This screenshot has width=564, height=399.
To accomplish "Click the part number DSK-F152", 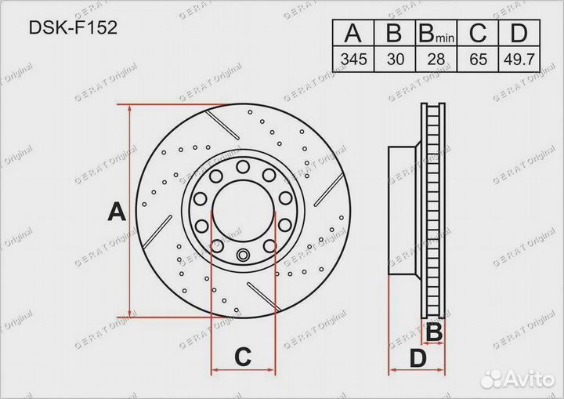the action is click(x=73, y=27).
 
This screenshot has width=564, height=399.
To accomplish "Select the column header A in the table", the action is click(x=352, y=33).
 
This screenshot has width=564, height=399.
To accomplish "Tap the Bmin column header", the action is click(x=436, y=34).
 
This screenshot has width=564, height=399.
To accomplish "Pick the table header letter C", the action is click(x=478, y=33).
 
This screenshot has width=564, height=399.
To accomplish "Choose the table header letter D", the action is click(x=519, y=33).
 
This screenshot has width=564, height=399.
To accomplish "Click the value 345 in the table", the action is click(x=354, y=59).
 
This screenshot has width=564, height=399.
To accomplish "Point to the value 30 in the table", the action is click(x=396, y=59).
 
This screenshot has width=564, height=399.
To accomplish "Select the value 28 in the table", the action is click(x=436, y=59).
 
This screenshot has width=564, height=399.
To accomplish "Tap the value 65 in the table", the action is click(x=478, y=59).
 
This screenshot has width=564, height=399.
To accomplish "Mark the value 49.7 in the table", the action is click(x=519, y=59).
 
